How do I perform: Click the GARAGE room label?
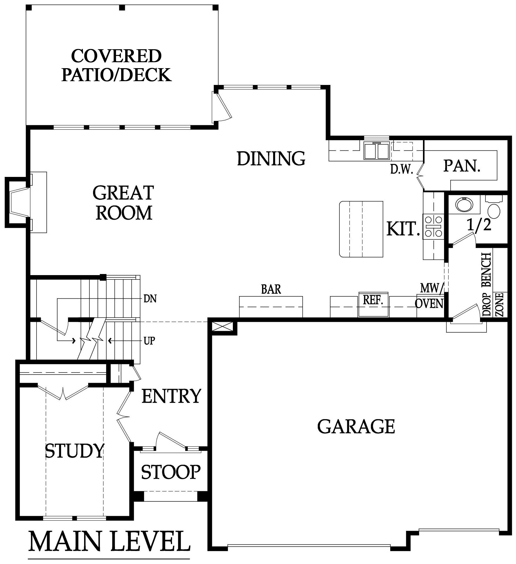[356, 427]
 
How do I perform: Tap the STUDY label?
[74, 451]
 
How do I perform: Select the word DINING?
[271, 158]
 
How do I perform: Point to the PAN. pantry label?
[462, 166]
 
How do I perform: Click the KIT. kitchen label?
[403, 229]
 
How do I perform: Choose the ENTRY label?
[171, 396]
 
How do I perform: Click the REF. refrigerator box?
[373, 304]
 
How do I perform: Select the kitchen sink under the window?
[376, 151]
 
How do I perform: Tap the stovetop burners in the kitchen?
[433, 226]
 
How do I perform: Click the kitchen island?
[361, 229]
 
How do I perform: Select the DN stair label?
[150, 299]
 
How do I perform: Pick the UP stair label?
[149, 341]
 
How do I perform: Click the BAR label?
[271, 289]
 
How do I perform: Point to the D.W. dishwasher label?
[402, 169]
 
